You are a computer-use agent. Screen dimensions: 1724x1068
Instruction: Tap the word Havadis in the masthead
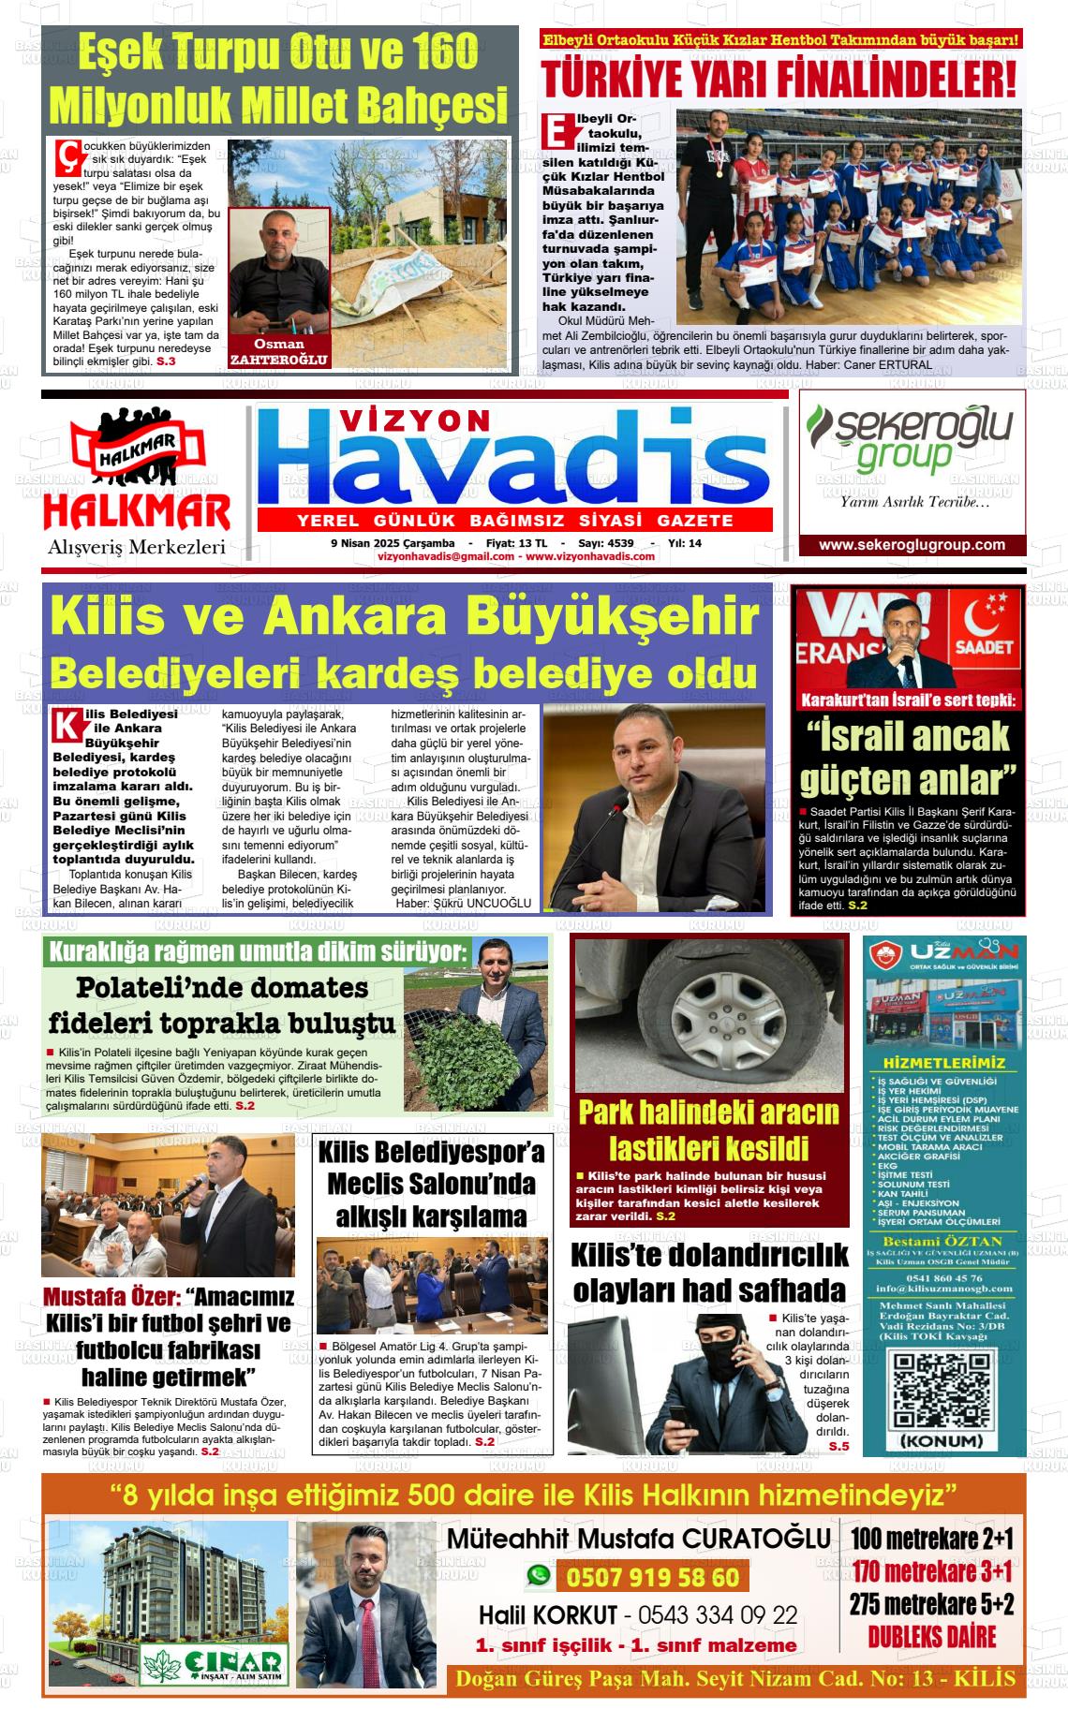(x=514, y=462)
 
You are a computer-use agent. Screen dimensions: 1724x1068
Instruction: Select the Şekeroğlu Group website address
(x=912, y=545)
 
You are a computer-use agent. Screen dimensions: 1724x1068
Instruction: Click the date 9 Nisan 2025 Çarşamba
(x=393, y=543)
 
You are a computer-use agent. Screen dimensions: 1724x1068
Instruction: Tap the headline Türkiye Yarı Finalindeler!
(x=779, y=80)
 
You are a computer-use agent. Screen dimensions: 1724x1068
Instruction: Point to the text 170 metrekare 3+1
(x=932, y=1570)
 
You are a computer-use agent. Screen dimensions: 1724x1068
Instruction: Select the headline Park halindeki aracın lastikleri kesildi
(x=708, y=1130)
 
